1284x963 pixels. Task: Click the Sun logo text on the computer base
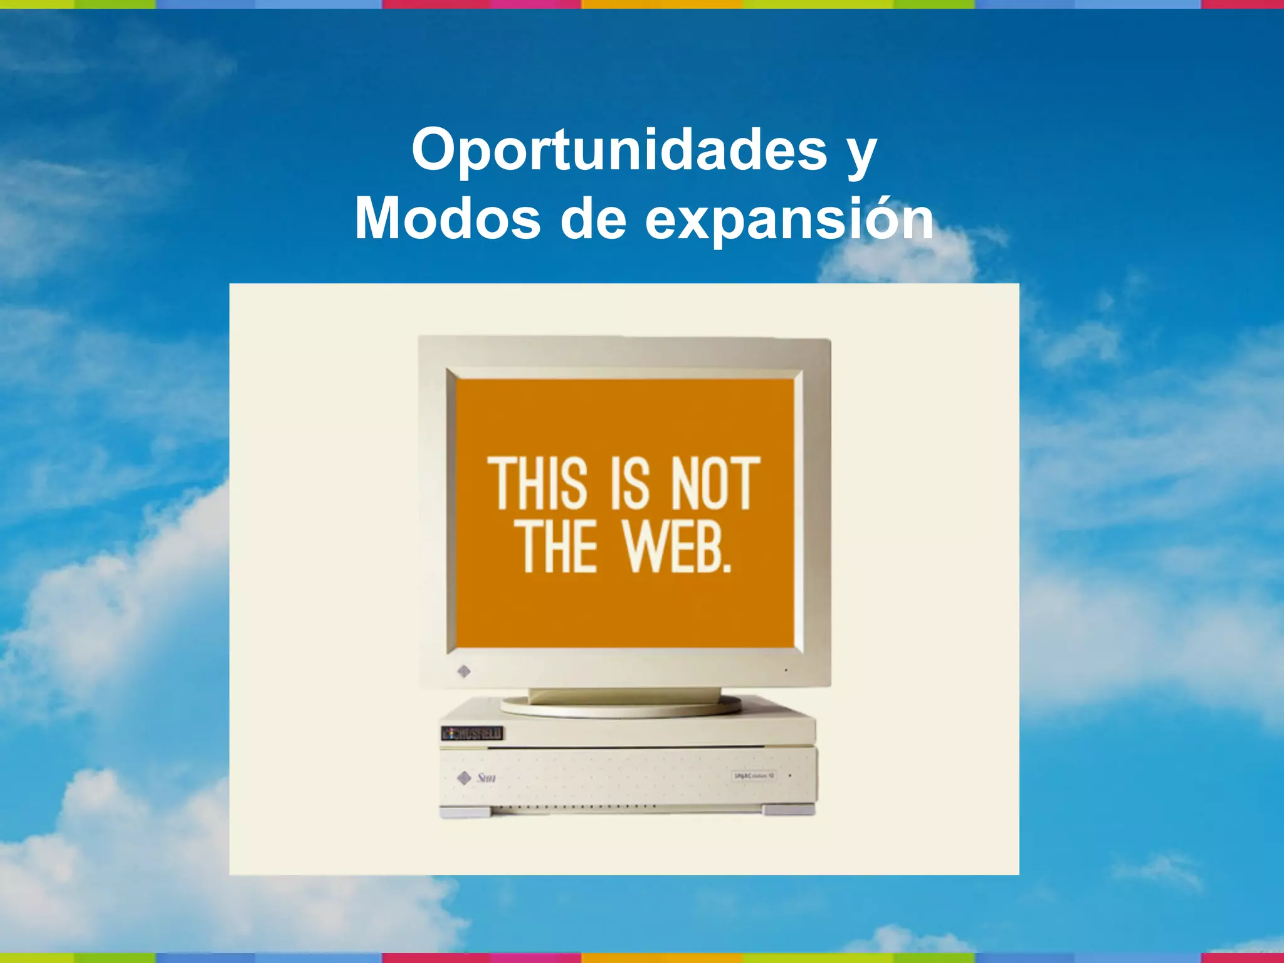click(487, 778)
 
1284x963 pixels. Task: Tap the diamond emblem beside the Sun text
click(464, 778)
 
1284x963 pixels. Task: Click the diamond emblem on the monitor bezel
click(464, 671)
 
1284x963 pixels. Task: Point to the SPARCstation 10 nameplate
click(754, 776)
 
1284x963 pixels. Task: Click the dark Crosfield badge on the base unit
click(472, 733)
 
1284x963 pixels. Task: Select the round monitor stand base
click(621, 707)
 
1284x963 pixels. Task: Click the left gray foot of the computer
click(465, 811)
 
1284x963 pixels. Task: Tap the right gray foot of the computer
click(789, 810)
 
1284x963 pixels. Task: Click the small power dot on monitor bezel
click(786, 670)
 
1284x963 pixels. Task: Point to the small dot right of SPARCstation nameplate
click(790, 776)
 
